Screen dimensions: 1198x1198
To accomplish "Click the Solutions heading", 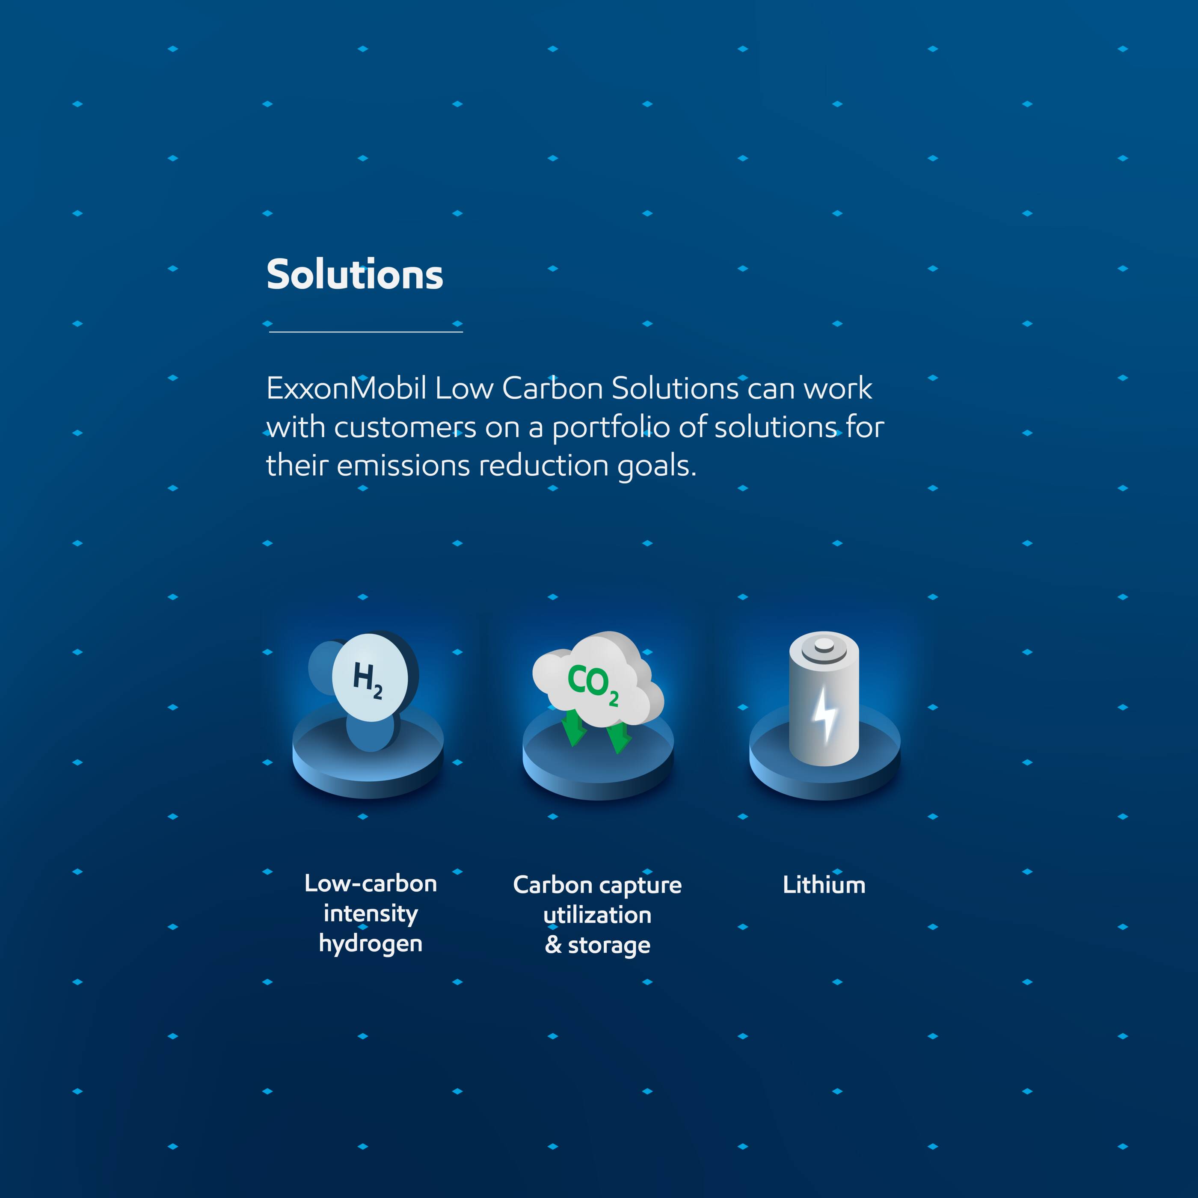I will coord(355,275).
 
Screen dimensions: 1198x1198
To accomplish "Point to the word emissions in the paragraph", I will coord(403,466).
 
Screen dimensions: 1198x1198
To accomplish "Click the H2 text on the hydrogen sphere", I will coord(368,679).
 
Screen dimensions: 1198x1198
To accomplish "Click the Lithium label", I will coord(824,885).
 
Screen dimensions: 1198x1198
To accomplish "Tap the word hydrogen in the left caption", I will coord(370,944).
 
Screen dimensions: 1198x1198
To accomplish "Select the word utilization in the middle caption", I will coord(597,915).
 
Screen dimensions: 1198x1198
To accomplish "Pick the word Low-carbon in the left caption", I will coord(370,884).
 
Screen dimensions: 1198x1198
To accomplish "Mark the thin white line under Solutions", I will coord(366,332).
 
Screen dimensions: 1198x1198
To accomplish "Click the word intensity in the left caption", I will coord(370,913).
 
